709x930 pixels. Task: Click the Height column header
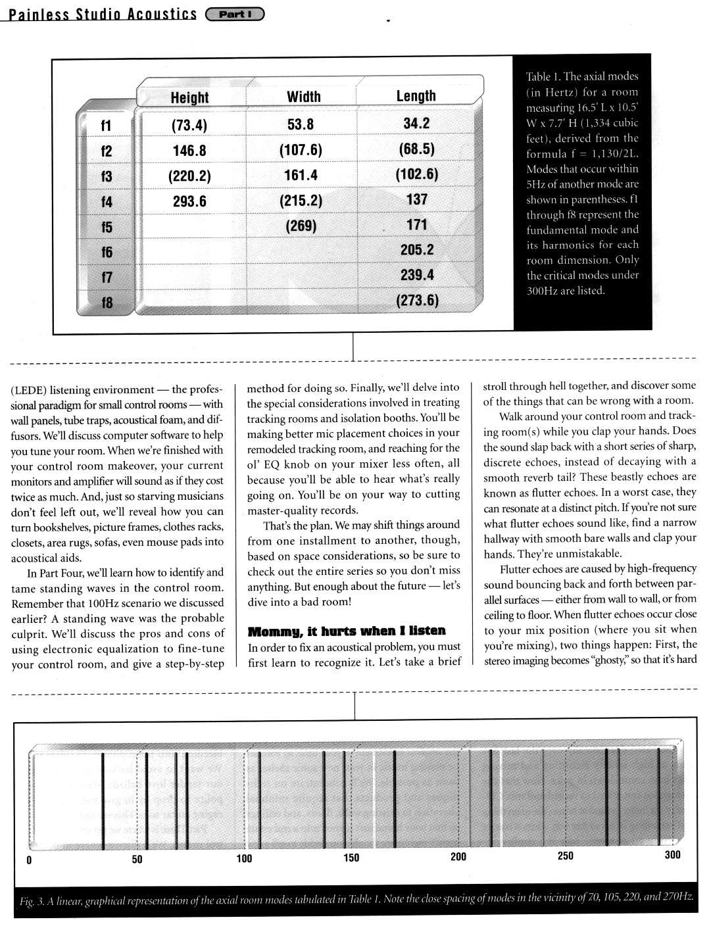[x=189, y=97]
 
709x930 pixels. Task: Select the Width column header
[x=303, y=97]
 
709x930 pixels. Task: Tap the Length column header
[x=416, y=96]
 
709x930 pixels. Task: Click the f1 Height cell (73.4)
[x=189, y=126]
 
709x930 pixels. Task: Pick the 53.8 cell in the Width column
[x=301, y=124]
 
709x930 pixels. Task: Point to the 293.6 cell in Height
[x=189, y=201]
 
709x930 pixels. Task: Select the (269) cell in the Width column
[x=301, y=226]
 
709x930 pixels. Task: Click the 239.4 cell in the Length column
[x=417, y=275]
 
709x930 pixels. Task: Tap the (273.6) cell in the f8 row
[x=417, y=301]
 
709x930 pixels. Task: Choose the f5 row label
[x=106, y=228]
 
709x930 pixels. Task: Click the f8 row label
[x=106, y=303]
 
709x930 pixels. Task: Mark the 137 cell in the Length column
[x=417, y=199]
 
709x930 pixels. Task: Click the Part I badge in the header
[x=235, y=14]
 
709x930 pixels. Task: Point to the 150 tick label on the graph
[x=352, y=858]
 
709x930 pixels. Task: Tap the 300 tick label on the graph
[x=672, y=855]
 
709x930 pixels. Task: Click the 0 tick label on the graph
[x=28, y=860]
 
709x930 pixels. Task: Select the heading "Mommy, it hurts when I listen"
[x=347, y=631]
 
